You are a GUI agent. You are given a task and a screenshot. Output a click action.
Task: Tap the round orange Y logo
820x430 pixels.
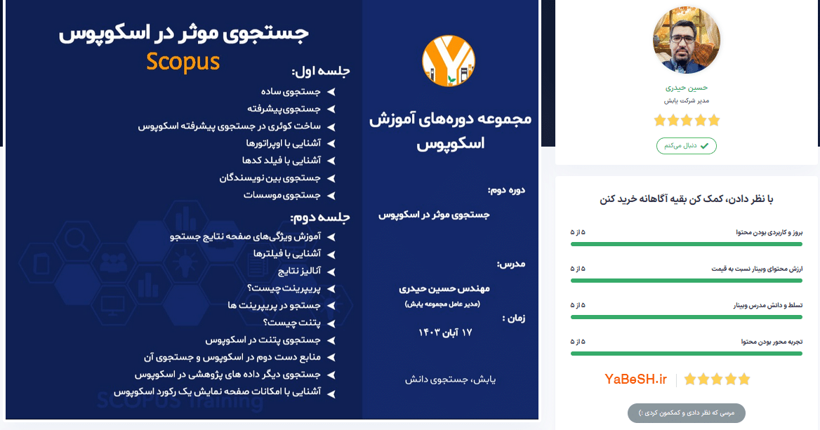pyautogui.click(x=448, y=60)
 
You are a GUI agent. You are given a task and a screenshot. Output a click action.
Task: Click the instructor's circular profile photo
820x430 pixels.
pyautogui.click(x=686, y=40)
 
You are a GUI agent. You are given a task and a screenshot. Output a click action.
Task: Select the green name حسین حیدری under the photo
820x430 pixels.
pyautogui.click(x=686, y=88)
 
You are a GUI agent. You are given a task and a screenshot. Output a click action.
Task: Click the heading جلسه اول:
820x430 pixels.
pyautogui.click(x=321, y=71)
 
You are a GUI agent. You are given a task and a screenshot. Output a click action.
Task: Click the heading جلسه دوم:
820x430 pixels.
pyautogui.click(x=320, y=217)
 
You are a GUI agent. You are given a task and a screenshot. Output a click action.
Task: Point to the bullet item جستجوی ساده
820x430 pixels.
pyautogui.click(x=291, y=92)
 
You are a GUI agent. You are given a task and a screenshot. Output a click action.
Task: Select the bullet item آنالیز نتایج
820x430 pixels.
pyautogui.click(x=299, y=271)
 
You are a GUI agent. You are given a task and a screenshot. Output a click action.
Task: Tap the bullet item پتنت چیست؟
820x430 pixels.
pyautogui.click(x=292, y=323)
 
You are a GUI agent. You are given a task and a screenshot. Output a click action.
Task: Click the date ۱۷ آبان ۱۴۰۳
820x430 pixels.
pyautogui.click(x=445, y=332)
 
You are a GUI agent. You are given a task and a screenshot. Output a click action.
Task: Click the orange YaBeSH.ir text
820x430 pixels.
pyautogui.click(x=635, y=379)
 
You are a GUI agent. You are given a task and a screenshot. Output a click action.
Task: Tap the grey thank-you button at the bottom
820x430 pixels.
pyautogui.click(x=686, y=412)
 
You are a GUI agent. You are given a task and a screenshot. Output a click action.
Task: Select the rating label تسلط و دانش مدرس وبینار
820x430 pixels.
pyautogui.click(x=768, y=305)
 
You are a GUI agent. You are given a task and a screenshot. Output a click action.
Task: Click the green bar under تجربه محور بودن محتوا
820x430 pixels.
pyautogui.click(x=686, y=354)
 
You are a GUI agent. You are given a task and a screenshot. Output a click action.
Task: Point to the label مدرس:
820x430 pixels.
pyautogui.click(x=511, y=264)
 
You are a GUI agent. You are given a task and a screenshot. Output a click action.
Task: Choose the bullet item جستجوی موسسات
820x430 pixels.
pyautogui.click(x=282, y=196)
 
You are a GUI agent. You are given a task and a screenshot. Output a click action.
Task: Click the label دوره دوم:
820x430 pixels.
pyautogui.click(x=506, y=190)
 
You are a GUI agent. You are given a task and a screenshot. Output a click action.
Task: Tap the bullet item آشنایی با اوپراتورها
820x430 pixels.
pyautogui.click(x=284, y=143)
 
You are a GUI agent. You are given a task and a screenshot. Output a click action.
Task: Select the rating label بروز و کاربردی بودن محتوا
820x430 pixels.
pyautogui.click(x=769, y=232)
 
